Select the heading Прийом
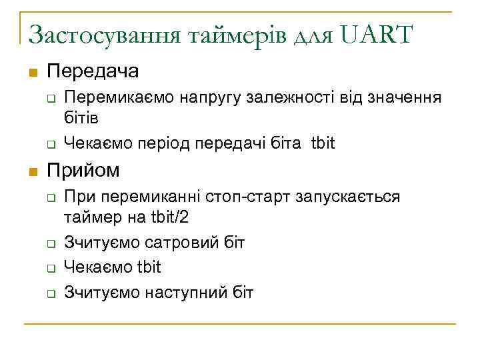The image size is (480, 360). coord(83,170)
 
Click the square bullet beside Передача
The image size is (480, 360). coord(32,72)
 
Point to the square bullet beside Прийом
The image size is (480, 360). coord(32,171)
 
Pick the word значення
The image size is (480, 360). coord(405,98)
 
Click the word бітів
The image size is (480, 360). coord(81,118)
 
